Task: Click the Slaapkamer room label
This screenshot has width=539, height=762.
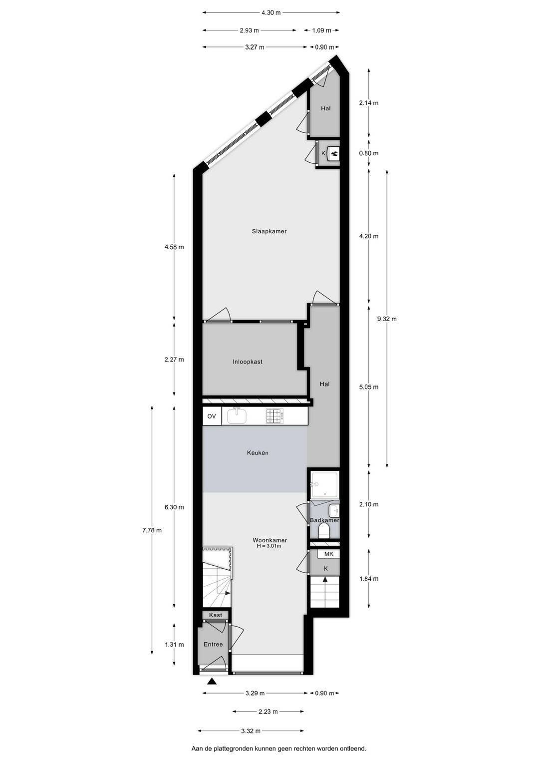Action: [x=269, y=231]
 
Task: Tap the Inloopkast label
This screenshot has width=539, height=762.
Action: [x=248, y=362]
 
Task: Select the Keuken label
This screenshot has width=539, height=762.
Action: [x=258, y=453]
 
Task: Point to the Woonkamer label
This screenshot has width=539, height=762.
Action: [x=269, y=540]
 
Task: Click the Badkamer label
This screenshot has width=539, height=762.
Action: [x=324, y=520]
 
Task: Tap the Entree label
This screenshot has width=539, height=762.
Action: [x=213, y=644]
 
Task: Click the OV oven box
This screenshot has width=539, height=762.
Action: [x=212, y=416]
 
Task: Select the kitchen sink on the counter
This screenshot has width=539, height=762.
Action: [x=237, y=415]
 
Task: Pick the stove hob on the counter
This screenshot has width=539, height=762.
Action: [x=274, y=416]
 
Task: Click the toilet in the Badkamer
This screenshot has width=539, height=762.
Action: [x=324, y=531]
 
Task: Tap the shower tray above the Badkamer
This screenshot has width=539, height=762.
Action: [x=324, y=485]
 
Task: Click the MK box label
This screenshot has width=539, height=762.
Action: [x=328, y=554]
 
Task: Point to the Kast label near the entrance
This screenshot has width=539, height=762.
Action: [x=216, y=615]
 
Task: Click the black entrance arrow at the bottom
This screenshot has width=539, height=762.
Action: [x=212, y=681]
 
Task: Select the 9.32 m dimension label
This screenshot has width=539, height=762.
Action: [x=387, y=319]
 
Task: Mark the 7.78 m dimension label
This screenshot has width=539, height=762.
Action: [x=152, y=530]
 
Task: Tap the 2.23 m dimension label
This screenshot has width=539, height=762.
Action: [x=268, y=712]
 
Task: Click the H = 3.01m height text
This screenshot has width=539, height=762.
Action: [x=269, y=546]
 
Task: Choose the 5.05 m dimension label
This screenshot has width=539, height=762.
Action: [x=369, y=387]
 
